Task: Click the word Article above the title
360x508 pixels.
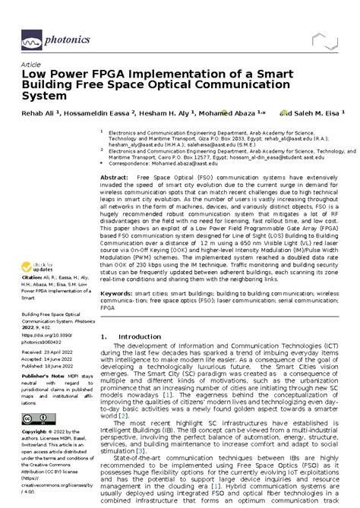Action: tap(31, 65)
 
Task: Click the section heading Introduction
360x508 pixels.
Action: tap(141, 336)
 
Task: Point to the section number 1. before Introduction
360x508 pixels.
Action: tap(103, 336)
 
